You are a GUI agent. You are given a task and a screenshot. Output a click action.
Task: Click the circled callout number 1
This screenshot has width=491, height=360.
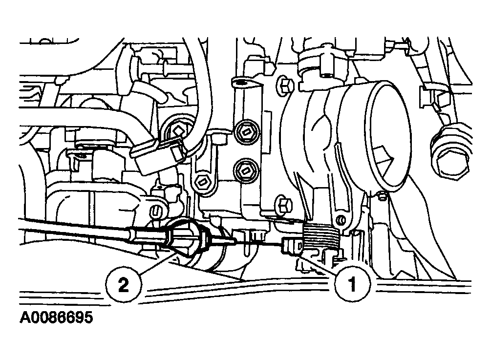click(353, 284)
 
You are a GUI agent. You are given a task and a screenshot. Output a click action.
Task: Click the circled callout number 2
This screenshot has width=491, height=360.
click(124, 285)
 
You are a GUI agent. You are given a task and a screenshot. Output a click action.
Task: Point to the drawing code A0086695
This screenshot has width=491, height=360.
click(56, 318)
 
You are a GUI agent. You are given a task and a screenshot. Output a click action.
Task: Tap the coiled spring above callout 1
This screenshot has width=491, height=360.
click(321, 236)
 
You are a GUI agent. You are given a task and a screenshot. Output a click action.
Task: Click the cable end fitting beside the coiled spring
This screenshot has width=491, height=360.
click(292, 244)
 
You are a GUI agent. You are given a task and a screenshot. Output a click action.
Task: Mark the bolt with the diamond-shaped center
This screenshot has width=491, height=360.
click(177, 129)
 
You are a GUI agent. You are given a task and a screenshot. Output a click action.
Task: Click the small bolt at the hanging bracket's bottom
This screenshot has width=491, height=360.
click(202, 182)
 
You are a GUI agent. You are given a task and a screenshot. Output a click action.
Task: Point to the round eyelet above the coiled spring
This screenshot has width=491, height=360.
click(340, 220)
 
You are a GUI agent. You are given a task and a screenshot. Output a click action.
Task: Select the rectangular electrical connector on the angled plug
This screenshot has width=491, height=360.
click(158, 156)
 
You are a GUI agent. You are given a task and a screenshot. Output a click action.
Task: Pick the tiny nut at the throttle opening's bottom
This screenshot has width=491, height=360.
click(382, 196)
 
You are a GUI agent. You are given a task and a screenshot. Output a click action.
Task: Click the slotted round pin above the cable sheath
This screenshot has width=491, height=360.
click(158, 212)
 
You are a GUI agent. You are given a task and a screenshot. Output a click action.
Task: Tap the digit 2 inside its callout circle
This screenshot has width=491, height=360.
click(123, 285)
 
